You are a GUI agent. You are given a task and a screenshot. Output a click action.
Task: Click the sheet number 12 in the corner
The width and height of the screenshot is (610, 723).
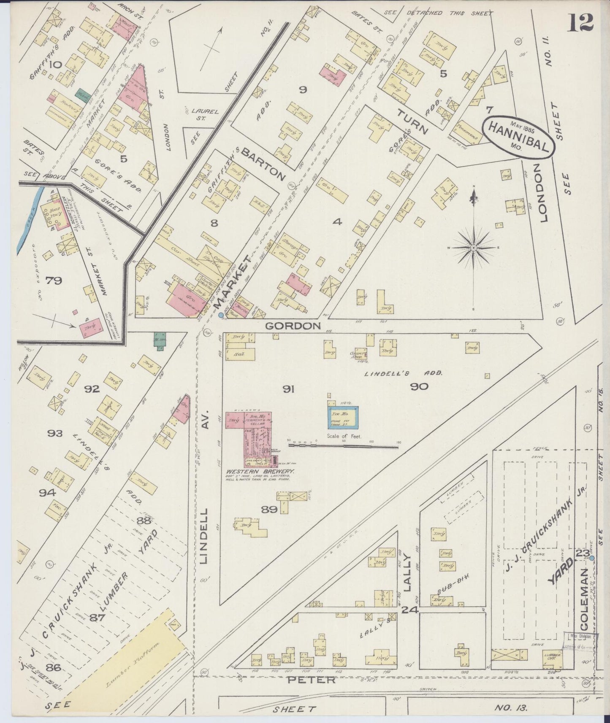(580, 23)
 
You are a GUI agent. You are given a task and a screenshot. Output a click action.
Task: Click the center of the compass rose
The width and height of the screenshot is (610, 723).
(474, 247)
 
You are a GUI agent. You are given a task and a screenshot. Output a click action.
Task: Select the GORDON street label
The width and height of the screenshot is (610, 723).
(293, 326)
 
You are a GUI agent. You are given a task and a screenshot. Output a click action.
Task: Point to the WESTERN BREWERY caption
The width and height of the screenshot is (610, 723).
(260, 471)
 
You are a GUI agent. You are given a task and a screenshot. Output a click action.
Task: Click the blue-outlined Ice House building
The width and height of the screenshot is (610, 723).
(343, 418)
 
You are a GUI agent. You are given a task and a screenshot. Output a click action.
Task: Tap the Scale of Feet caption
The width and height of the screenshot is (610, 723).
(344, 437)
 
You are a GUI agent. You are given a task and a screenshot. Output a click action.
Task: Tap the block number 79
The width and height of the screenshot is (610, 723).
(54, 280)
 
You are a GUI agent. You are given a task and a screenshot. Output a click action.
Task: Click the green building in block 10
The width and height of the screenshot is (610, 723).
(81, 94)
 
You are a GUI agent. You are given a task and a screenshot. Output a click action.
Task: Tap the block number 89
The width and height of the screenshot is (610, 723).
(269, 510)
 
